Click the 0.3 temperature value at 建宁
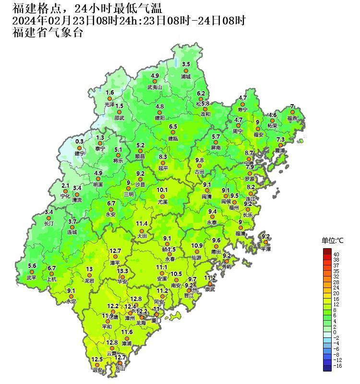80,141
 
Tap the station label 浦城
186,77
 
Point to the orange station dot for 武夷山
155,82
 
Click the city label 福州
234,208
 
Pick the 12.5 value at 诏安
97,359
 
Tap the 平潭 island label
266,249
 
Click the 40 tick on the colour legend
336,254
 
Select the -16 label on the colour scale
337,366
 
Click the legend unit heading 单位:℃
332,240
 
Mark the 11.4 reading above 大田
142,224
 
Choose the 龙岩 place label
89,281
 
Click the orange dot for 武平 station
32,272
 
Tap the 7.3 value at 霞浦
281,139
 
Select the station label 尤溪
163,203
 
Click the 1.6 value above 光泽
110,92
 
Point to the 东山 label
120,369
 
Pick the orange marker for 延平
163,163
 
